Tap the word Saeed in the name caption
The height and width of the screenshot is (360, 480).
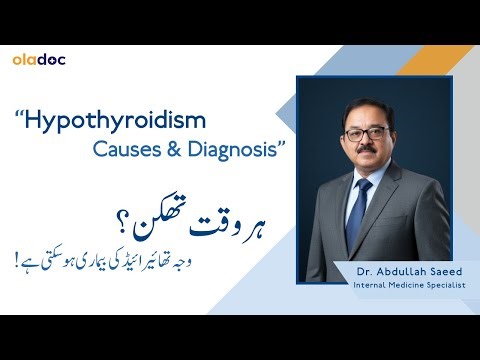[x=434, y=272]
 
